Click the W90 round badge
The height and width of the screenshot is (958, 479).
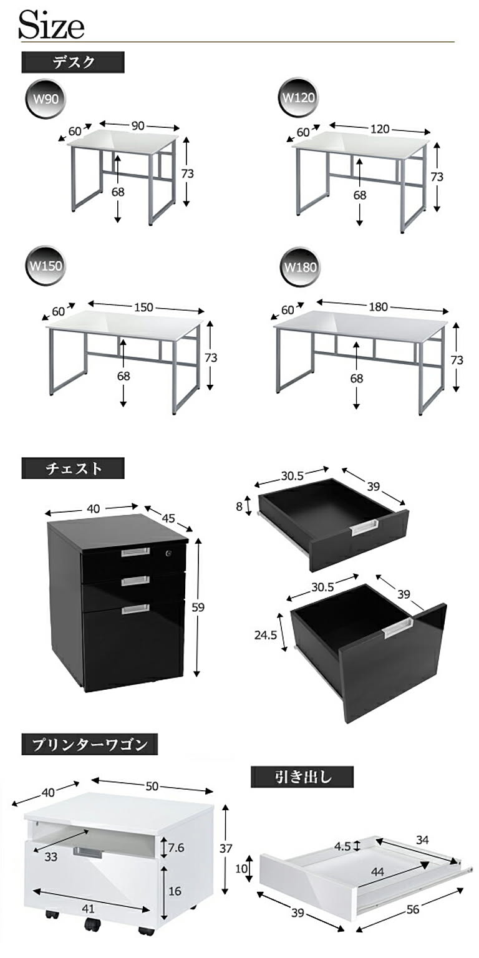tap(46, 99)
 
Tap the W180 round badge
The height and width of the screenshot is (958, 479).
tap(300, 267)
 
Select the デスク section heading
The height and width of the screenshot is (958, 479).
tap(73, 62)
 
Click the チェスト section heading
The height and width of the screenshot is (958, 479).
tap(73, 468)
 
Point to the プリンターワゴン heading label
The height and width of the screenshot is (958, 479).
tap(90, 745)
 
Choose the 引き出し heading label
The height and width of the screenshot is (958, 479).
tap(302, 777)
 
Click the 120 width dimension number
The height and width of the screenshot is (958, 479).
tap(380, 128)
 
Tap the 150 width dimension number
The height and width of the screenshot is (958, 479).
tap(143, 307)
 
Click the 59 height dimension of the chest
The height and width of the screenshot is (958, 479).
tap(198, 607)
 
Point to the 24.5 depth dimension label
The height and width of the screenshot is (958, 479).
tap(266, 635)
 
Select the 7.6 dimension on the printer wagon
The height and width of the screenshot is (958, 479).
tap(176, 847)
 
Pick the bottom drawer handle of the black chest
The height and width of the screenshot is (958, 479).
tap(135, 609)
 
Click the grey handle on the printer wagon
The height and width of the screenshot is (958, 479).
tap(88, 852)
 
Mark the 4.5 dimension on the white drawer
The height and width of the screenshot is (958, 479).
tap(342, 846)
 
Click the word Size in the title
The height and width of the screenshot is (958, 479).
tap(51, 25)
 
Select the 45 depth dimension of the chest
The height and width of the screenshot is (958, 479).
tap(168, 518)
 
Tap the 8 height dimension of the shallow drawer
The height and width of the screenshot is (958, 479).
tap(239, 506)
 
